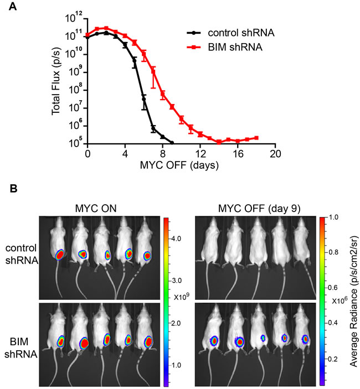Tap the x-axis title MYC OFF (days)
181,164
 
